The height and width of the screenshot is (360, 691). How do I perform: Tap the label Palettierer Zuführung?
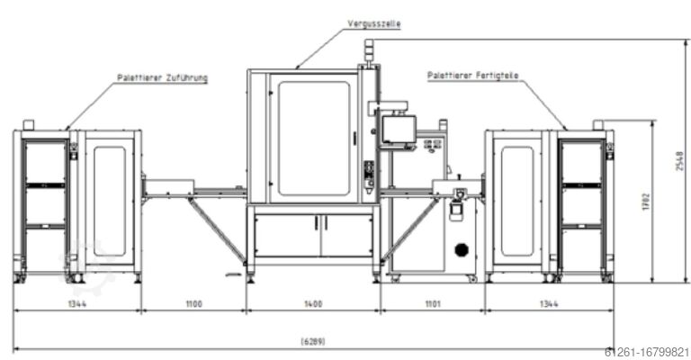pos(162,78)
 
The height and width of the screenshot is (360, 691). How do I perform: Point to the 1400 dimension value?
pos(313,304)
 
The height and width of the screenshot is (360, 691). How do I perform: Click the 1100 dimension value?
pos(193,304)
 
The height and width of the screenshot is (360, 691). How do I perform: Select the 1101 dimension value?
pos(432,304)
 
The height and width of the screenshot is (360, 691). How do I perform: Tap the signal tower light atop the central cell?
pos(365,52)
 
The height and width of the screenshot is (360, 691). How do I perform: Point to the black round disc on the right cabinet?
pos(462,249)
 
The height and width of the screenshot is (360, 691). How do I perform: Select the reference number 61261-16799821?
pos(647,352)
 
